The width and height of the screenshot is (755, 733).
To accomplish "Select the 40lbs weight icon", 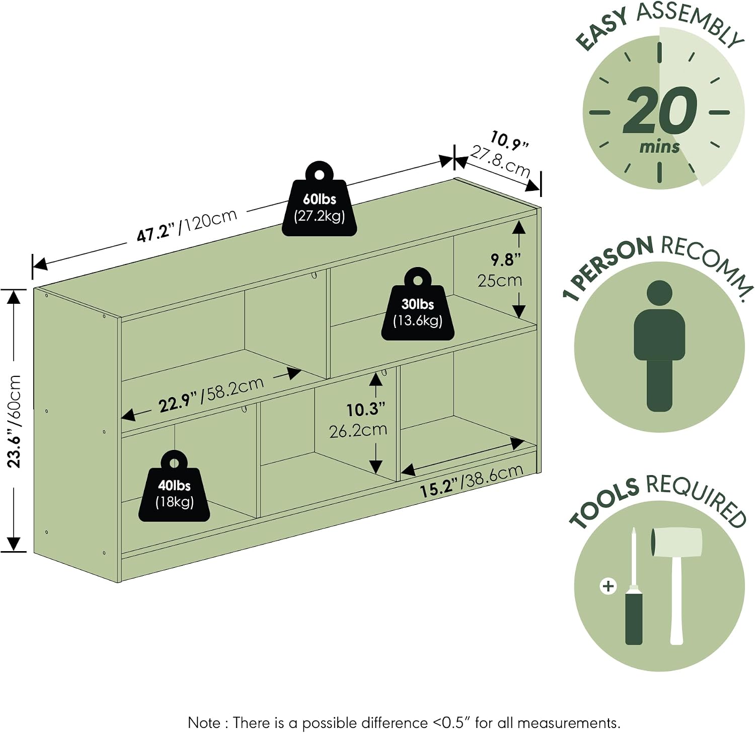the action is click(174, 486).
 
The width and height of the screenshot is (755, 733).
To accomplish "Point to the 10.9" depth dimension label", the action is click(510, 141).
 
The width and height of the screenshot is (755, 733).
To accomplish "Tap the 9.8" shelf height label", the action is click(505, 260).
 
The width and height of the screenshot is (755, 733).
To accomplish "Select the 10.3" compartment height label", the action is click(366, 409).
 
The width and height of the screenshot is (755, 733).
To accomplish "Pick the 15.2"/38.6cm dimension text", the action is click(472, 481).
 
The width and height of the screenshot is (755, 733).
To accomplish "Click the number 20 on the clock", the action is click(660, 110).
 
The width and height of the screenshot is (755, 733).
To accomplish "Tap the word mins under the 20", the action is click(659, 147).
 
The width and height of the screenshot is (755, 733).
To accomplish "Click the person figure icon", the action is click(659, 346).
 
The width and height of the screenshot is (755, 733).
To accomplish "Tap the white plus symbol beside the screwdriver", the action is click(609, 586).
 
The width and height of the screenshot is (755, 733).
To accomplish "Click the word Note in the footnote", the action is click(204, 722).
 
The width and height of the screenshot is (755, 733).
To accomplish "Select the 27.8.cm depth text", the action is click(500, 161).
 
